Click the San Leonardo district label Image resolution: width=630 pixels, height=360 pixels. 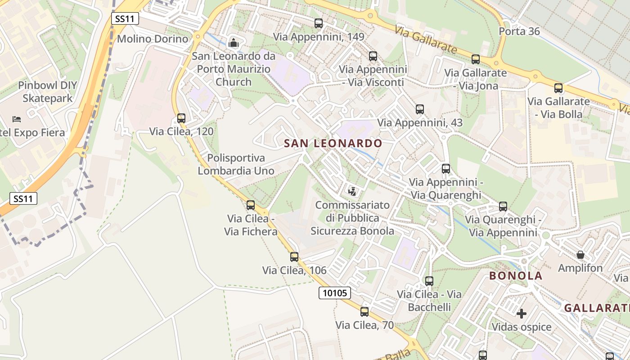[333, 144]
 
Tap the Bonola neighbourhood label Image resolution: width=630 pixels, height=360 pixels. [516, 276]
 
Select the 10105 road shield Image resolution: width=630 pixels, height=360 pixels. [335, 293]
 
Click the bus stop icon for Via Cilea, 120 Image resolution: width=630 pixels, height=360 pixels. [181, 118]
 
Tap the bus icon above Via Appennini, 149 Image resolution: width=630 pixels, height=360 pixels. [319, 23]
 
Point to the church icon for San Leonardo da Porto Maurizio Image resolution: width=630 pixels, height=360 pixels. [234, 43]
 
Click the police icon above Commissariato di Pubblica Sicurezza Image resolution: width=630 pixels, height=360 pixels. [352, 191]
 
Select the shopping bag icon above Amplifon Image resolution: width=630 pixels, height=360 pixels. [580, 255]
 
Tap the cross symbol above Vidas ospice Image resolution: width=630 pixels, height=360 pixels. [522, 313]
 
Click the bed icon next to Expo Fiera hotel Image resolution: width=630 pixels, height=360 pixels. [17, 119]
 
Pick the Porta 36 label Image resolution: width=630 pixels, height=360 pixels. [519, 31]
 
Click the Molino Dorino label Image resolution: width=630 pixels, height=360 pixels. [153, 39]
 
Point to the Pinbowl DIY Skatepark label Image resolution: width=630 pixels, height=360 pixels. [48, 92]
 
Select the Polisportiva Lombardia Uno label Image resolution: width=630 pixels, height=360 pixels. [236, 165]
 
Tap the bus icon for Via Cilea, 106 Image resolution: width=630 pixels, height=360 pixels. [294, 257]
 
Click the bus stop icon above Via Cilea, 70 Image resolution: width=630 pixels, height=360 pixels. [364, 311]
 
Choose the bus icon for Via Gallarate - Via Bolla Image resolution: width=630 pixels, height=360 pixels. [558, 88]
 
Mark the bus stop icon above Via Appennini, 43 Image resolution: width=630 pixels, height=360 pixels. [420, 109]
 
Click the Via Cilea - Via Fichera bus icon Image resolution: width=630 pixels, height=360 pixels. [251, 205]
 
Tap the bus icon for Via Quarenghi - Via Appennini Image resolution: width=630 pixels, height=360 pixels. [503, 207]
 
